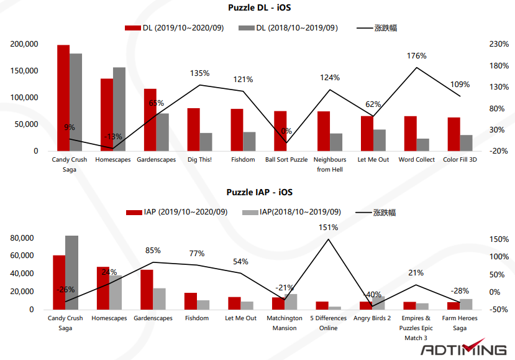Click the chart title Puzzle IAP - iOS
tap(259, 193)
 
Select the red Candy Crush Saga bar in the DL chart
tap(63, 98)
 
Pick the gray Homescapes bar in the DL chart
tap(119, 109)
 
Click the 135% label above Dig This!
tap(199, 73)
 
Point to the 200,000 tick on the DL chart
tap(24, 44)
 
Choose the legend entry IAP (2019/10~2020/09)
tap(177, 212)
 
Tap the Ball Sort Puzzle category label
tap(286, 160)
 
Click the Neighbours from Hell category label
tap(330, 164)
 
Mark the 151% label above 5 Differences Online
tap(328, 228)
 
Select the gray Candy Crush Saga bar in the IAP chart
tap(72, 272)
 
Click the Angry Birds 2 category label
tap(371, 318)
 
